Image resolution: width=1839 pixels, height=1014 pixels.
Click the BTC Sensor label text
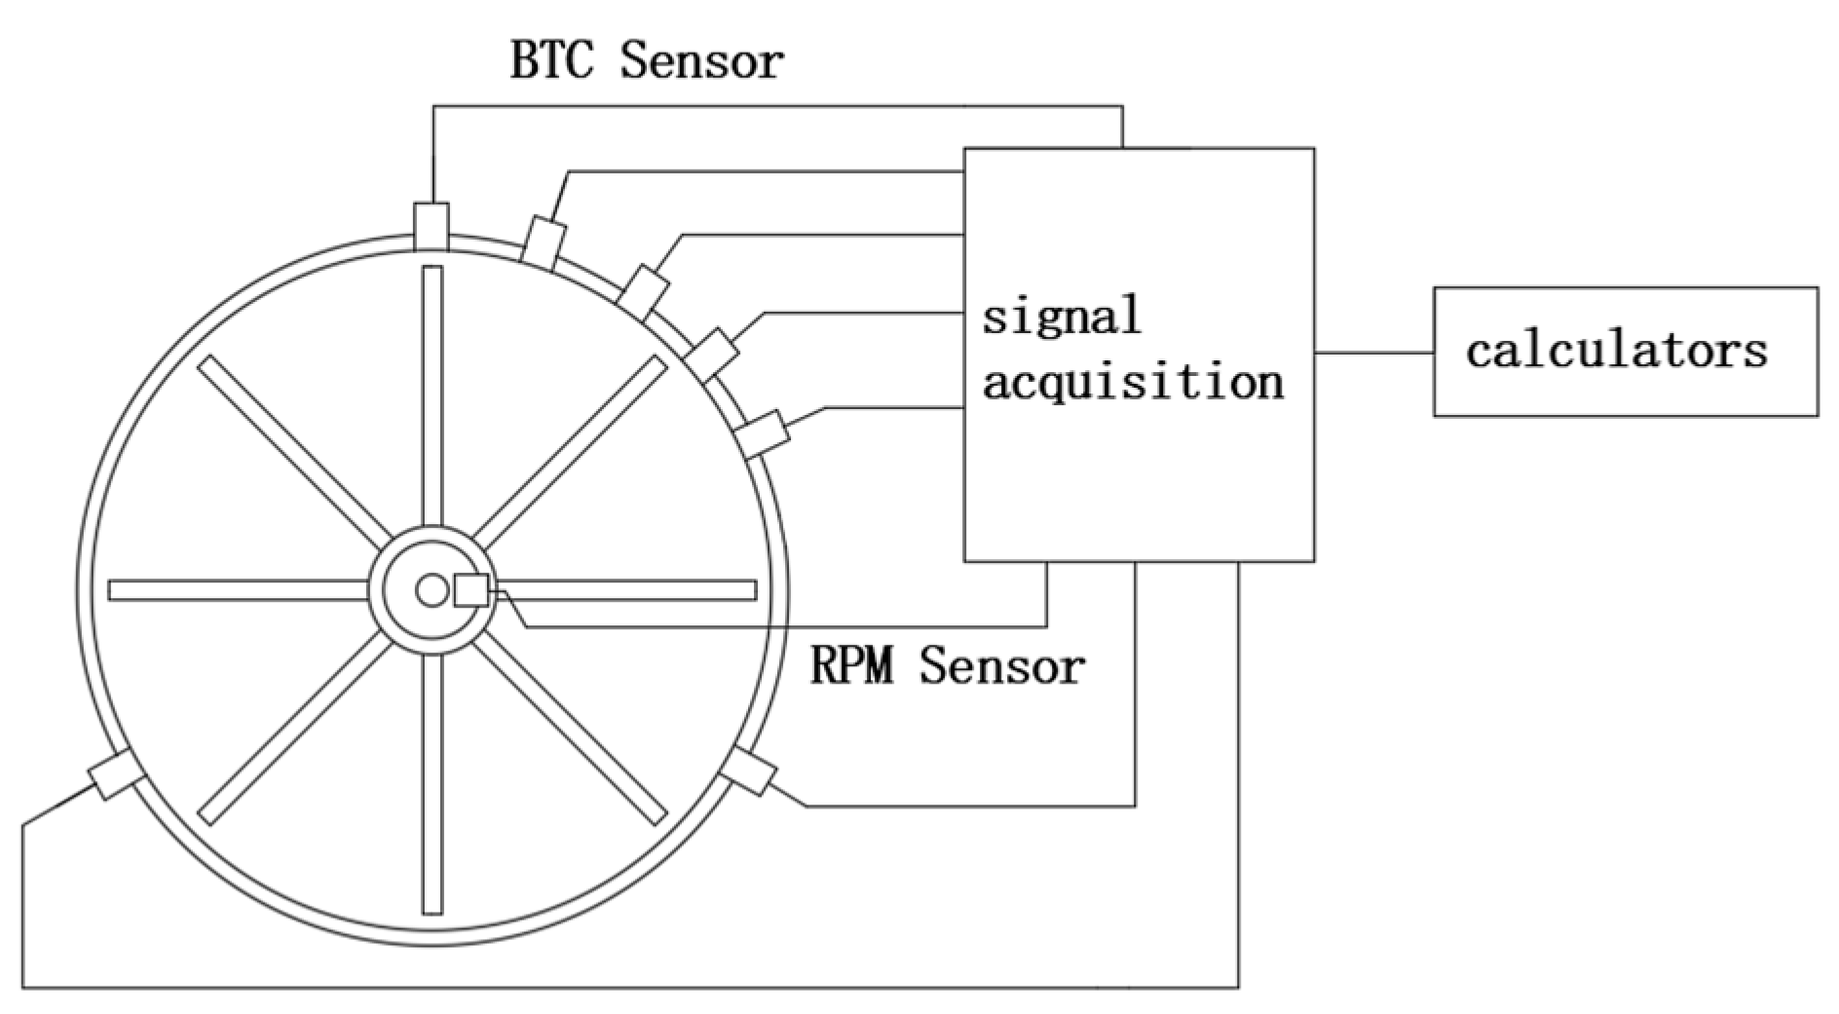[x=646, y=61]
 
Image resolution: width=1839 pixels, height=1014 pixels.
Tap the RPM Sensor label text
[x=947, y=667]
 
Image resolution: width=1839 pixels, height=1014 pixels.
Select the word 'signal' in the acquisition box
[x=1061, y=317]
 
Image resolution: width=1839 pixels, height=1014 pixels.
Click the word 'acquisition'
[x=1132, y=381]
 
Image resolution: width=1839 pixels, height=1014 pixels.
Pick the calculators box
[x=1625, y=352]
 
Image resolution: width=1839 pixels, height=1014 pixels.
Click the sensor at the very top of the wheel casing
[x=432, y=226]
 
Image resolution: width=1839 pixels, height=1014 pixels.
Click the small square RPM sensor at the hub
[x=471, y=590]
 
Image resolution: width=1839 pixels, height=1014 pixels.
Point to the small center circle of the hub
[x=431, y=590]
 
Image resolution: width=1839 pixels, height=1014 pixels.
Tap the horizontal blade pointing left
[x=239, y=590]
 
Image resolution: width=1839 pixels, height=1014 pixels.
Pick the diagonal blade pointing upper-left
[x=292, y=450]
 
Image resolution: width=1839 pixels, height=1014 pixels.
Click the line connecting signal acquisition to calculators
[x=1373, y=353]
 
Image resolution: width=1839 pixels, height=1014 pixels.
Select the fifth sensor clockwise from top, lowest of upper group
[x=762, y=433]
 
